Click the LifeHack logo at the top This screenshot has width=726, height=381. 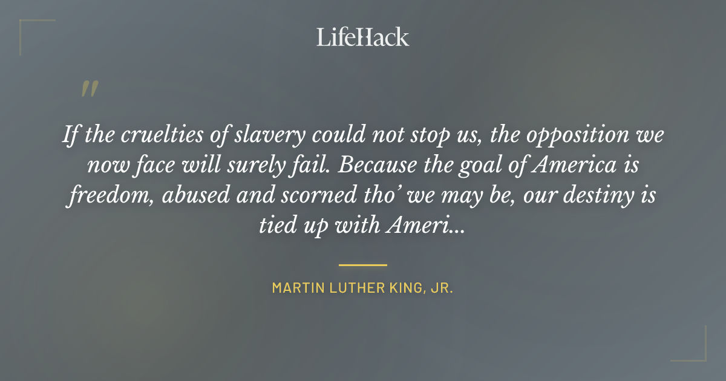(x=362, y=37)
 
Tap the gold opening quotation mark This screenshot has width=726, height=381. (x=89, y=90)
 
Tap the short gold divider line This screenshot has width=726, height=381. (x=362, y=264)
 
